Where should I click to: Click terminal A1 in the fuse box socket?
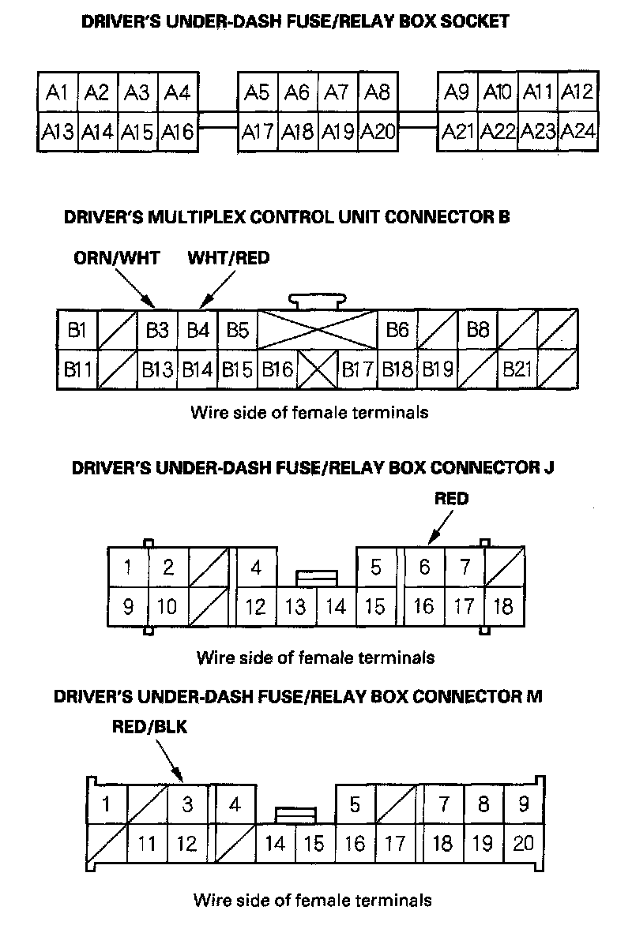tap(57, 93)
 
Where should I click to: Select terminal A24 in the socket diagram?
tap(577, 131)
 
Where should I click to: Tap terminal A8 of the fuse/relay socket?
tap(378, 93)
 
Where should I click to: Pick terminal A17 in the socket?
tap(258, 131)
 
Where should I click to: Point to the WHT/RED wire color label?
tap(228, 258)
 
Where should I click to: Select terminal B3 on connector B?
tap(157, 330)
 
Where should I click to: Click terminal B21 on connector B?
tap(517, 369)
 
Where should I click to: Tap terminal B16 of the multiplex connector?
tap(277, 369)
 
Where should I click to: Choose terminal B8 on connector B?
tap(478, 330)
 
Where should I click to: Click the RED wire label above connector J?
tap(451, 499)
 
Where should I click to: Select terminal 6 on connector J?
tap(424, 567)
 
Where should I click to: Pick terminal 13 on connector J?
tap(295, 607)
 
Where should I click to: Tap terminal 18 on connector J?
tap(503, 607)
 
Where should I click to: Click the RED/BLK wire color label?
tap(150, 727)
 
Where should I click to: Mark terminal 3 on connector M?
tap(187, 804)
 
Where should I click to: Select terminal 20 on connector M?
tap(523, 844)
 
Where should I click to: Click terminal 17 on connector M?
tap(394, 844)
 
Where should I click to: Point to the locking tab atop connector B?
tap(318, 301)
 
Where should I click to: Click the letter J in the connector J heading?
tap(548, 466)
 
